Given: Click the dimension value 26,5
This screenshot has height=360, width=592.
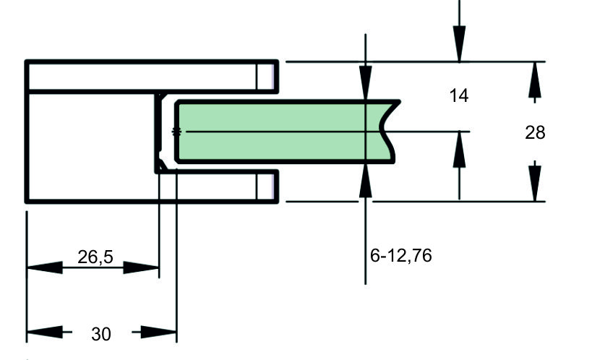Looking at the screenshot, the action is click(95, 257).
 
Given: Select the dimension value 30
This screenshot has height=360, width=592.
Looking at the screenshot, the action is click(101, 334).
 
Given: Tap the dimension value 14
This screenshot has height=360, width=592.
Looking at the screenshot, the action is click(459, 95).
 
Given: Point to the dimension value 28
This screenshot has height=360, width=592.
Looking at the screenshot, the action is click(535, 132).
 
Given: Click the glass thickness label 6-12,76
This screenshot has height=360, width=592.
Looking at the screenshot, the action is click(401, 256).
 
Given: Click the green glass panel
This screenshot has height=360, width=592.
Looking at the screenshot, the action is click(283, 132).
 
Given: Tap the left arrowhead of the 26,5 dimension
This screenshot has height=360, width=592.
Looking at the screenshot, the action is click(45, 267).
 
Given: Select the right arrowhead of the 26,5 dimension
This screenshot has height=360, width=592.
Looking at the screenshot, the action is click(141, 267).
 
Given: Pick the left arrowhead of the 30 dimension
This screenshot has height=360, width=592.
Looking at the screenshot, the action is click(45, 332).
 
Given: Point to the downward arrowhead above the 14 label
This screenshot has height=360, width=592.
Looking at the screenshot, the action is click(459, 43).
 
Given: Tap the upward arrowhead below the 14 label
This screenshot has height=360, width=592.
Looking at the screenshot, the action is click(459, 149).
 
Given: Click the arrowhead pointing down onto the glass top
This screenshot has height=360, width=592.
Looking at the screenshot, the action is click(366, 83).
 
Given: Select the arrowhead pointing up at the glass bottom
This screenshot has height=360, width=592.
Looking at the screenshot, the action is click(366, 180).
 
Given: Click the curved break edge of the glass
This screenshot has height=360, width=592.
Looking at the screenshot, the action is click(387, 132).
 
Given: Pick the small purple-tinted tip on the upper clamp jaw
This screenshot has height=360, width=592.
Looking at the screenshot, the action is click(271, 77).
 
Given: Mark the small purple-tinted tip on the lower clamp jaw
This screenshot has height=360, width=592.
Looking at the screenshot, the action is click(271, 187).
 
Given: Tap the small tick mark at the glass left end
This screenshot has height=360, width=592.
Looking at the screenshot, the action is click(176, 132).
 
